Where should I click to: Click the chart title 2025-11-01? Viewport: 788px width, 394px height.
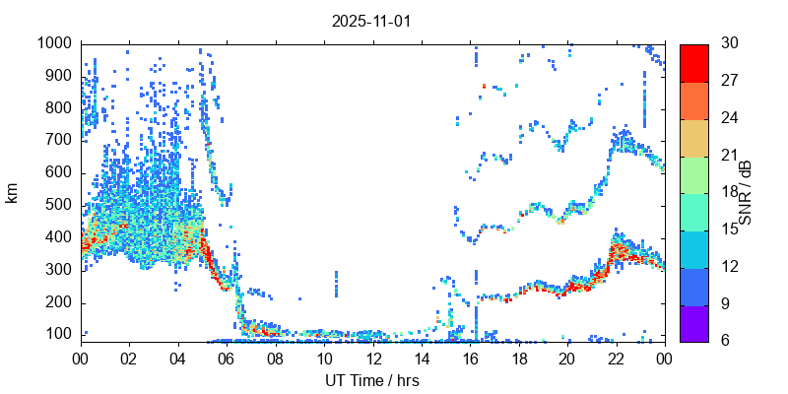click(x=372, y=20)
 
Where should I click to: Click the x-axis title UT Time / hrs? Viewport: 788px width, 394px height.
click(x=372, y=380)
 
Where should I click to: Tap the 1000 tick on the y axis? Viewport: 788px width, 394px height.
click(x=54, y=43)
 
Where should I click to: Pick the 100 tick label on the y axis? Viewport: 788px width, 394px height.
click(x=58, y=334)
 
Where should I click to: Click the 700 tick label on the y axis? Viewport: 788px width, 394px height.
click(x=58, y=140)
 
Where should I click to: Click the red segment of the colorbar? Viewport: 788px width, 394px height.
click(x=693, y=62)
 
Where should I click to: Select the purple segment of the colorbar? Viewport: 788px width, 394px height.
click(x=693, y=322)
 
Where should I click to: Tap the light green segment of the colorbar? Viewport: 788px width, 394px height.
click(x=693, y=173)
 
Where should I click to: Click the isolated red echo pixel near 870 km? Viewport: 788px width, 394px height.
click(x=484, y=87)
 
